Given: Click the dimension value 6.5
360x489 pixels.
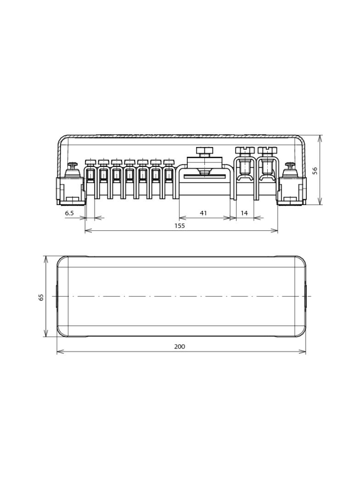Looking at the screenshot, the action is [69, 213].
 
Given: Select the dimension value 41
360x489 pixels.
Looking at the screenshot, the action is [203, 213].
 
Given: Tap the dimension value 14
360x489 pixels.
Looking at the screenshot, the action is [244, 213].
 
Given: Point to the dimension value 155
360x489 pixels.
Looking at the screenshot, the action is [180, 226].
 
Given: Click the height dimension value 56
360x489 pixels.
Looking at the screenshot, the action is [315, 170].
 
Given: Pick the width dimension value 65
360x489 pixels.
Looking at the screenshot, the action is [41, 297].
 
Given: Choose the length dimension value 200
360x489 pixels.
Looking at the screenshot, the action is [180, 346].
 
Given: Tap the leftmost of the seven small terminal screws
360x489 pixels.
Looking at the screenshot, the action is [90, 161].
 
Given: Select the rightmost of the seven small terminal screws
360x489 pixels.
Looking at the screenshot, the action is [169, 161].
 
